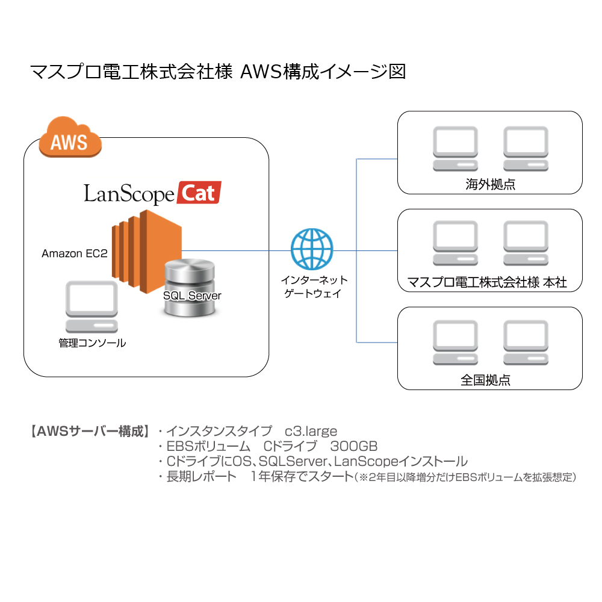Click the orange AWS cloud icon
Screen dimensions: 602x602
pos(70,137)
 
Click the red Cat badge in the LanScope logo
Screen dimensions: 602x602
pos(199,193)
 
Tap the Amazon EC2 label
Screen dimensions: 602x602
pos(75,253)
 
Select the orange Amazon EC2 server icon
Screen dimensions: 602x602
pos(147,251)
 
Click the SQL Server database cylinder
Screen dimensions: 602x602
pos(190,288)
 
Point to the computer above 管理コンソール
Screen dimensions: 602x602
pos(92,307)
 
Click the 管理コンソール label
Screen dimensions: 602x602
pos(92,343)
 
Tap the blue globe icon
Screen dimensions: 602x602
pos(312,249)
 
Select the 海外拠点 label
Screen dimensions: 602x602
pos(490,184)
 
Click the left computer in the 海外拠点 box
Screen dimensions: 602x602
pos(455,149)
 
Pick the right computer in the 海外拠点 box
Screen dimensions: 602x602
pos(526,149)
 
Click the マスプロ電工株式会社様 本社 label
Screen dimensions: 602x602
pos(487,282)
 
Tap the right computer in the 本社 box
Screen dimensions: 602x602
pos(526,243)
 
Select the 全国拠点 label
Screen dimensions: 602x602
pos(485,380)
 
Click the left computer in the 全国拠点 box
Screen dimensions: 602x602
pos(455,343)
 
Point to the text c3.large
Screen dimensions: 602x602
pos(311,432)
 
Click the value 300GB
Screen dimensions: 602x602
pos(354,446)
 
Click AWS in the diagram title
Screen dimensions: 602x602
pos(261,72)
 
